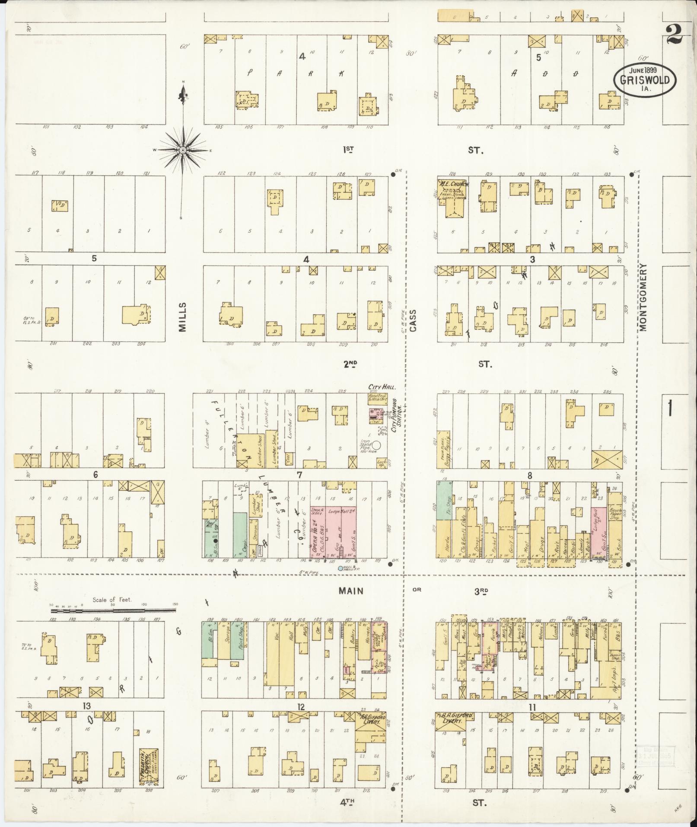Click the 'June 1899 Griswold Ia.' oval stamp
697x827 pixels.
click(646, 80)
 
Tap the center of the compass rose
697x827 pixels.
click(183, 150)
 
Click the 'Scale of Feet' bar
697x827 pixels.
click(113, 610)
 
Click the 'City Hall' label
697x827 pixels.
click(376, 387)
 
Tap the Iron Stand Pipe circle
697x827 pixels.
click(377, 444)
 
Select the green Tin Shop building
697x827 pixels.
click(444, 501)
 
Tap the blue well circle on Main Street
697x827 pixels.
click(341, 568)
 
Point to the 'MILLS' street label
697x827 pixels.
click(182, 317)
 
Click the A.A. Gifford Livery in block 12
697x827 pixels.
click(369, 734)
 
